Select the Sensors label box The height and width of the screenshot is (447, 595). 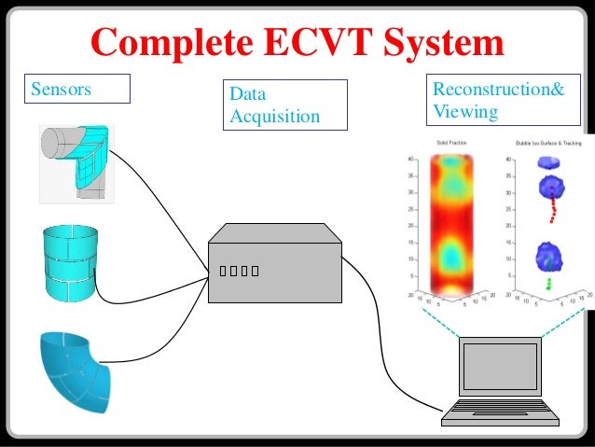(78, 91)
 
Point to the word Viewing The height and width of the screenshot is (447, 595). (465, 112)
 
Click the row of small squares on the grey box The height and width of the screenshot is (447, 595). (238, 272)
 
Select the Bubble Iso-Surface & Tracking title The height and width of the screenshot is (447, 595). (547, 144)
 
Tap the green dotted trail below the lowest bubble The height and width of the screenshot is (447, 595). (549, 281)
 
